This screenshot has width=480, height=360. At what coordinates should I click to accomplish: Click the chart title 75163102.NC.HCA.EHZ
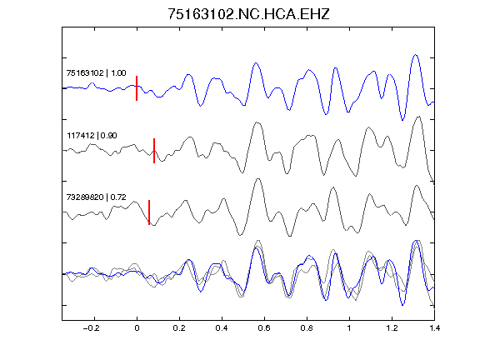click(248, 14)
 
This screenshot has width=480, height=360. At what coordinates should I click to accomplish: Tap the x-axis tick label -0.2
click(92, 328)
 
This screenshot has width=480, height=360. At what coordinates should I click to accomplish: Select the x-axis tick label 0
click(137, 328)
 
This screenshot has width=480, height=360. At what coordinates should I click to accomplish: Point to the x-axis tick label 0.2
click(179, 328)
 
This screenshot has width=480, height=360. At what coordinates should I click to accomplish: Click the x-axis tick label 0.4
click(222, 328)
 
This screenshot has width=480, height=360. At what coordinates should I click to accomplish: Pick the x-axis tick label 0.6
click(264, 328)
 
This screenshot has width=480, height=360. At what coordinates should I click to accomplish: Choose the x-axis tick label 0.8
click(307, 328)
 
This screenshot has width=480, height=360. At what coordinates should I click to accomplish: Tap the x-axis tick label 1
click(349, 328)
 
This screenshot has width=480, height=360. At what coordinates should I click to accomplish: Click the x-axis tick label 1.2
click(392, 328)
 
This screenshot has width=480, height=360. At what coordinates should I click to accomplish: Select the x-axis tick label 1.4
click(434, 328)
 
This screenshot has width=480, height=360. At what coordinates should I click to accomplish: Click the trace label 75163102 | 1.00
click(96, 73)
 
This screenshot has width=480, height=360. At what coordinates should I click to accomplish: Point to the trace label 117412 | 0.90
click(92, 135)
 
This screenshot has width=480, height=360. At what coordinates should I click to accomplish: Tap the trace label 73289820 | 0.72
click(96, 197)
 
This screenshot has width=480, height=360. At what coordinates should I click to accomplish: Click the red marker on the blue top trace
click(137, 88)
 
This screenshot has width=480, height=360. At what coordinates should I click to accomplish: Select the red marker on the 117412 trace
click(154, 151)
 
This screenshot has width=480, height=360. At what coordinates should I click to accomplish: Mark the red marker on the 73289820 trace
click(149, 212)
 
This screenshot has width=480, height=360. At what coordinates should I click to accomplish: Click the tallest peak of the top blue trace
click(415, 55)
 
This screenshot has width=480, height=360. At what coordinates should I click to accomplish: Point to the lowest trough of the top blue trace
click(402, 120)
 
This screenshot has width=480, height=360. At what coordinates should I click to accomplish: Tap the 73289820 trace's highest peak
click(258, 179)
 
